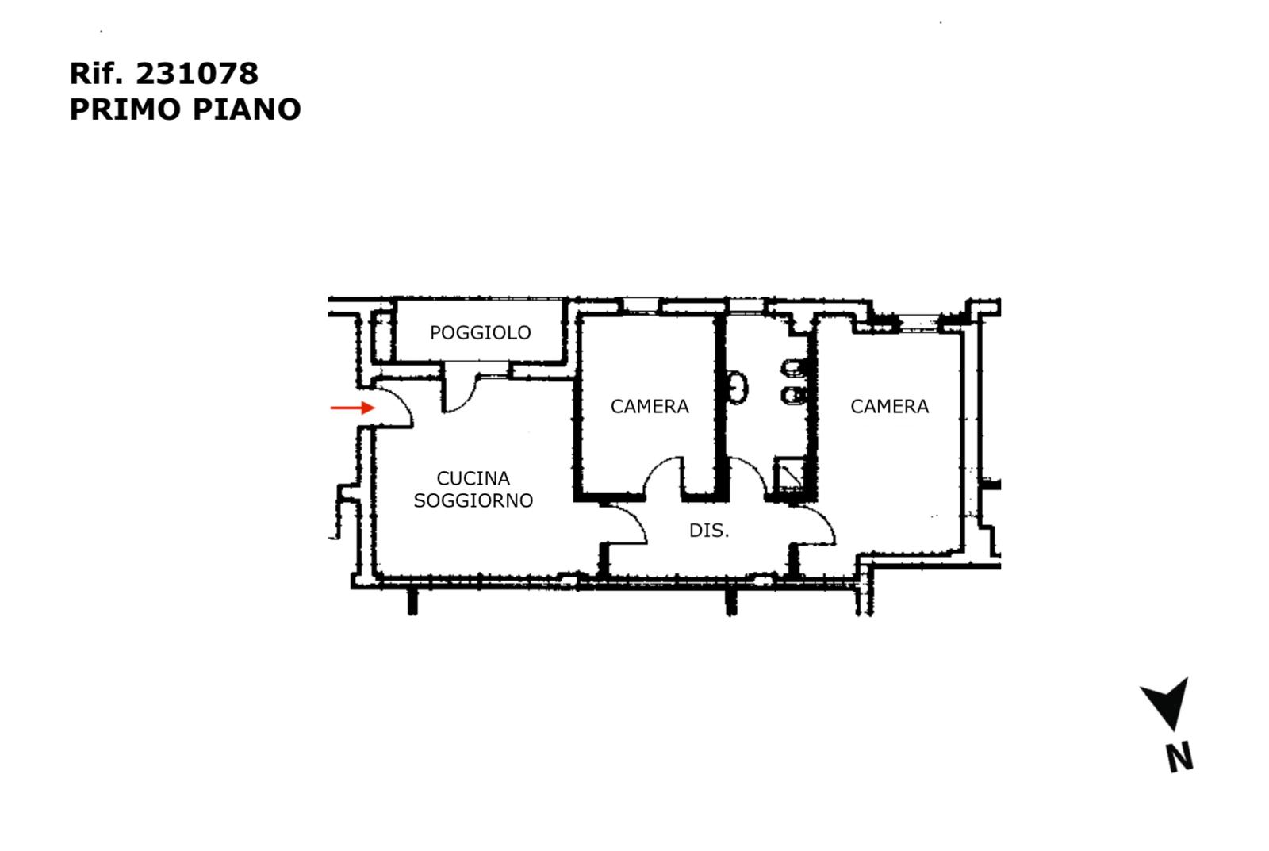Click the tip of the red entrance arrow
[375, 408]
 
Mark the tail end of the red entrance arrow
[332, 408]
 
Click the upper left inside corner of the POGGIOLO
[397, 302]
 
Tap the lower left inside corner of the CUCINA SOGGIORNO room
[378, 575]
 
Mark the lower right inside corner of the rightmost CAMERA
[960, 549]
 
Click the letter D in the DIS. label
[695, 531]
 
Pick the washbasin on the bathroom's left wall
[737, 388]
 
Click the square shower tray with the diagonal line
[790, 474]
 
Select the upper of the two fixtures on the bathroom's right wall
[794, 369]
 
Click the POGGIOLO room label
[481, 332]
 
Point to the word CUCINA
[473, 478]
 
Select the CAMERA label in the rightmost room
[889, 406]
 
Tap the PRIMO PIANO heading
[186, 109]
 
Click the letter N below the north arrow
[1180, 757]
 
